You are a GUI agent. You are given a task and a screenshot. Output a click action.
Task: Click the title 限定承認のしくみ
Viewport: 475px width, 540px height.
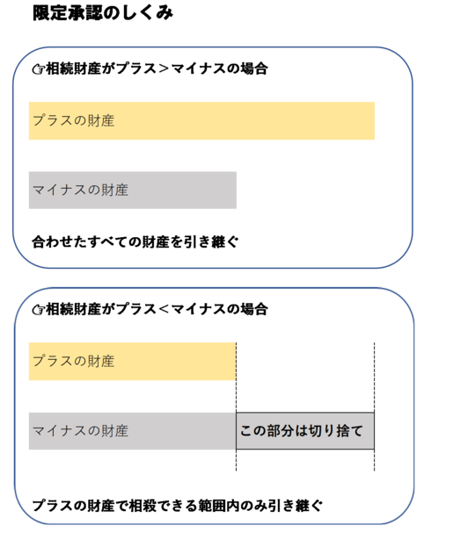(103, 13)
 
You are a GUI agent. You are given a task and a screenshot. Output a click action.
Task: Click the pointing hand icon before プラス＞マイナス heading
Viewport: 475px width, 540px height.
(39, 69)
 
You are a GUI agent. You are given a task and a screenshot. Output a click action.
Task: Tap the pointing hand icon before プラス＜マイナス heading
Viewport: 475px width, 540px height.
(39, 310)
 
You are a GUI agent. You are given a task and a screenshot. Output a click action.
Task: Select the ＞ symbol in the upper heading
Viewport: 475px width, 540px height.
(164, 68)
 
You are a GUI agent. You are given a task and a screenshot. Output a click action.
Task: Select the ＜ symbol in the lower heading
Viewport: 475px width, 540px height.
(164, 309)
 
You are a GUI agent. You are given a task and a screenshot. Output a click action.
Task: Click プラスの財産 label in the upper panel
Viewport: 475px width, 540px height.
(74, 120)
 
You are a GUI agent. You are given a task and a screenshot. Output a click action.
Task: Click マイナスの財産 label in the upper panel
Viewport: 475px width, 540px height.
(80, 190)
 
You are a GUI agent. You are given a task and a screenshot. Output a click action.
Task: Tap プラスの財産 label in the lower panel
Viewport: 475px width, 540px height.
(74, 361)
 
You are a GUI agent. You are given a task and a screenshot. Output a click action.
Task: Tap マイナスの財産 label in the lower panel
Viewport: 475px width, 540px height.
(80, 431)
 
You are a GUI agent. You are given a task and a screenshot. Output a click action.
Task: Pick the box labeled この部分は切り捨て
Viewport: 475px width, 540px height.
(305, 431)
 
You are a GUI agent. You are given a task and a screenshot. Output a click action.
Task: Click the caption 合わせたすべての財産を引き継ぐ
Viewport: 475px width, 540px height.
(135, 241)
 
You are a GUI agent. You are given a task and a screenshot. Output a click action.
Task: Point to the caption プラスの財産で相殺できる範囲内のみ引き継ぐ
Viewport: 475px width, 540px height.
(178, 506)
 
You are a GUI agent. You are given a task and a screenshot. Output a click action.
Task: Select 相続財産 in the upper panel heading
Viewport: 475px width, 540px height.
(74, 68)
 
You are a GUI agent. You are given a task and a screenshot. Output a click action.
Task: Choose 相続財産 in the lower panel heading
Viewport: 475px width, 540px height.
(74, 309)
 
